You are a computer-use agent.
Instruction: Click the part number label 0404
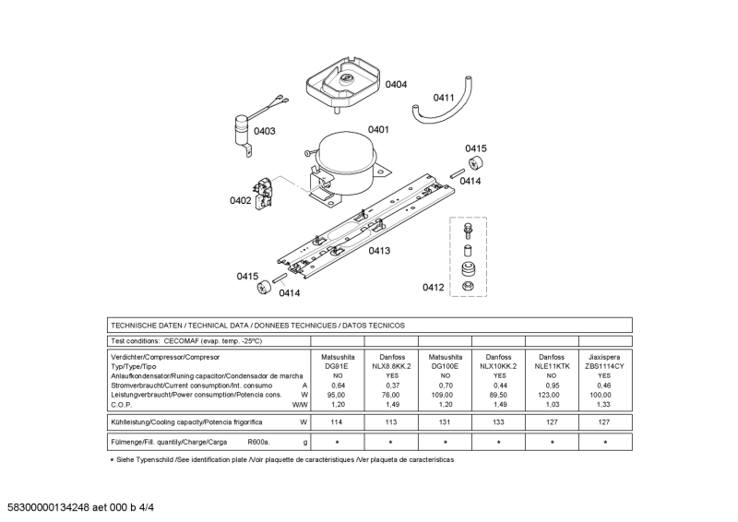pos(396,85)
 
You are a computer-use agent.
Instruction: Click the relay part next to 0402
pos(267,192)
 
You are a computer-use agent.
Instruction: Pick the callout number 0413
pos(379,250)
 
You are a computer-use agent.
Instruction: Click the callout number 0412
pos(434,288)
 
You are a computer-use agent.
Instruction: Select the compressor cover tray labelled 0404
pos(340,81)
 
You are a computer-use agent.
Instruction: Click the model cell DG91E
pos(338,366)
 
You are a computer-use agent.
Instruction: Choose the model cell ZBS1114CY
pos(605,366)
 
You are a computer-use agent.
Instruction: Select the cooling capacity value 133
pos(498,422)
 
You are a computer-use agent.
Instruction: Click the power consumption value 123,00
pos(552,395)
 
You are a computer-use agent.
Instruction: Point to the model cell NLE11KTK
pos(552,366)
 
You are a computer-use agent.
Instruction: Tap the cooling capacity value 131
pos(445,422)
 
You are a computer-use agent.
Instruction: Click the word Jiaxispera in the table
pos(605,356)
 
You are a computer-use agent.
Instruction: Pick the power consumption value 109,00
pos(445,395)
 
